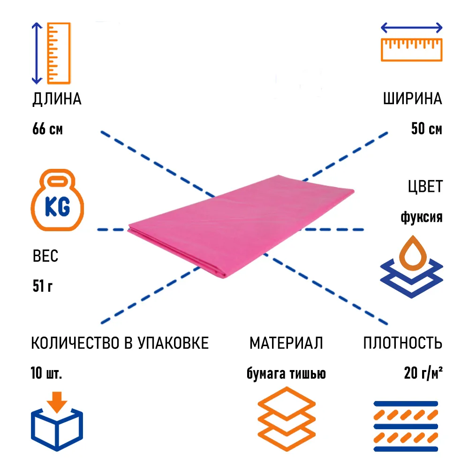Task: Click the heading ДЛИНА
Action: [57, 99]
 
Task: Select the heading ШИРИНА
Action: [412, 99]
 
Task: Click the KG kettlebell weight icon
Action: [57, 202]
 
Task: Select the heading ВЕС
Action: [45, 257]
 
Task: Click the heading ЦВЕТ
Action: [424, 187]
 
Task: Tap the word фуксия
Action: [421, 218]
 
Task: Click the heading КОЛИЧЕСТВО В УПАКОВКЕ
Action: [120, 343]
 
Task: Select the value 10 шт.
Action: [46, 374]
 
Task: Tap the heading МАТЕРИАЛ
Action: [286, 343]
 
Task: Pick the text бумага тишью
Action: [286, 374]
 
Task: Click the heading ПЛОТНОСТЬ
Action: [402, 343]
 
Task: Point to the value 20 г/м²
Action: [423, 374]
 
